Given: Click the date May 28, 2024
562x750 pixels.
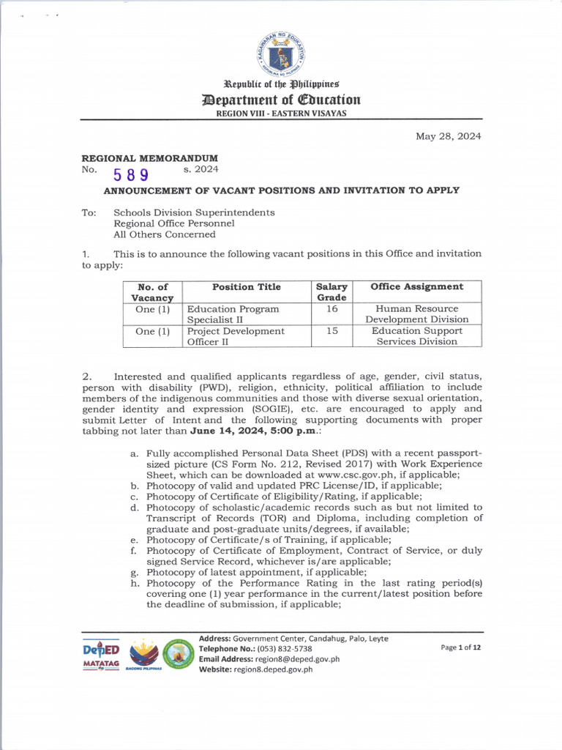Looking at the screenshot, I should click(448, 136).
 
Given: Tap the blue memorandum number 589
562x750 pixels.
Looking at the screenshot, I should click(131, 174).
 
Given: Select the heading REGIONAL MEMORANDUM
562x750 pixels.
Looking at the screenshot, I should click(149, 158).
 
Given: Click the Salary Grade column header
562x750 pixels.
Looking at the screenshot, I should click(331, 292).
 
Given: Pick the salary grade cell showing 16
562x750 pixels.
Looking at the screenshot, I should click(331, 309).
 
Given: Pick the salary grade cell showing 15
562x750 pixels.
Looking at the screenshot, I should click(331, 331).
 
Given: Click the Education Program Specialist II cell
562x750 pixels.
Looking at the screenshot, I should click(233, 314).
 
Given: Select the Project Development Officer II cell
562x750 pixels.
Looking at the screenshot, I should click(236, 336).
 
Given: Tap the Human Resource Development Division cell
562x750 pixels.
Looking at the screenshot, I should click(416, 314).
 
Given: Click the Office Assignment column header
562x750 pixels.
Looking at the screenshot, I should click(416, 287).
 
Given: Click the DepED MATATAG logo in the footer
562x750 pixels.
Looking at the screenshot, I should click(101, 654).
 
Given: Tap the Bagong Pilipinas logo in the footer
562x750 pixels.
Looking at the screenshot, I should click(143, 654).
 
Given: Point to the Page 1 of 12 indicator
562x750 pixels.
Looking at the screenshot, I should click(460, 647).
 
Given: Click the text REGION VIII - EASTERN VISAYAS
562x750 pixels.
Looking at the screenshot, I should click(281, 113).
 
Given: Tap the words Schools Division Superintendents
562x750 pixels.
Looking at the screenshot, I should click(194, 212).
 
